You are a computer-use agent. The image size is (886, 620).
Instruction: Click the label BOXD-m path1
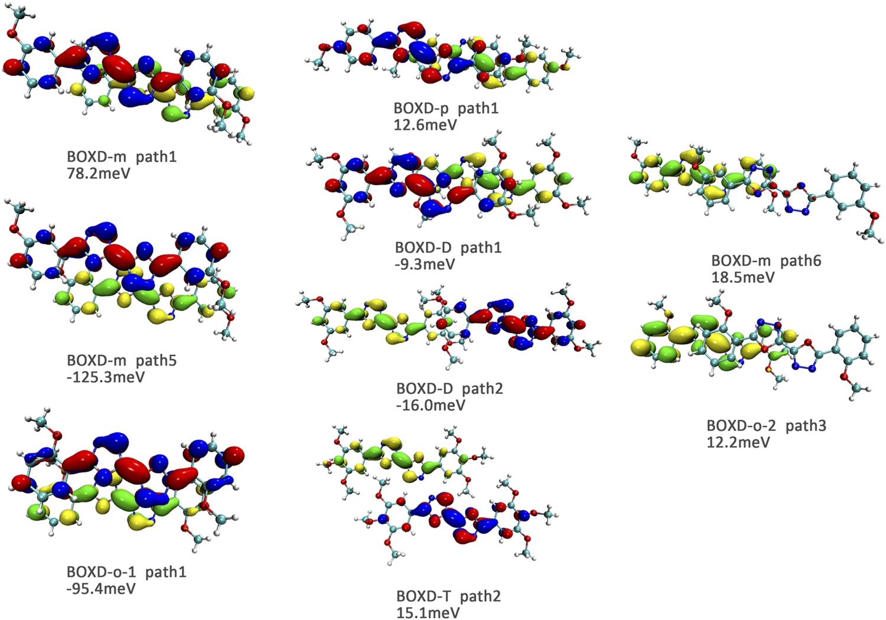122,157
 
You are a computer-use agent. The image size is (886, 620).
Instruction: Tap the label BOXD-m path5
122,360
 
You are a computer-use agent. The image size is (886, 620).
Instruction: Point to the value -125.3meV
106,377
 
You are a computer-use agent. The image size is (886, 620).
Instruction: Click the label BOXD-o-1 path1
126,572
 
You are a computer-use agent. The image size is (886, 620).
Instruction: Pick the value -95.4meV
101,589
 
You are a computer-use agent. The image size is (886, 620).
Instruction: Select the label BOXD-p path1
446,108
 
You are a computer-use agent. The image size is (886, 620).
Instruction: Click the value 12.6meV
425,125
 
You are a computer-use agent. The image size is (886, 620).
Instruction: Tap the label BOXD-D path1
448,247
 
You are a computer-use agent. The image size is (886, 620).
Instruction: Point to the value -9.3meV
425,264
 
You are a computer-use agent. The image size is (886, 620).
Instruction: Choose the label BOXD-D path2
449,389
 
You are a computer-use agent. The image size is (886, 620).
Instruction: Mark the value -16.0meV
431,405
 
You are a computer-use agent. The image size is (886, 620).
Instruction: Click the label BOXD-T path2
448,596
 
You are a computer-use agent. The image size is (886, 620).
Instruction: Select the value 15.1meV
428,612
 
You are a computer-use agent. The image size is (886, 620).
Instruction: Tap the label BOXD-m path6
766,260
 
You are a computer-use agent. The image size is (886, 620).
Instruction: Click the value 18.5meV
742,277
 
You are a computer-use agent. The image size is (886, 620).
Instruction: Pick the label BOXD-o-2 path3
766,425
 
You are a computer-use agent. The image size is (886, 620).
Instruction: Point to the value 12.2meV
738,442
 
